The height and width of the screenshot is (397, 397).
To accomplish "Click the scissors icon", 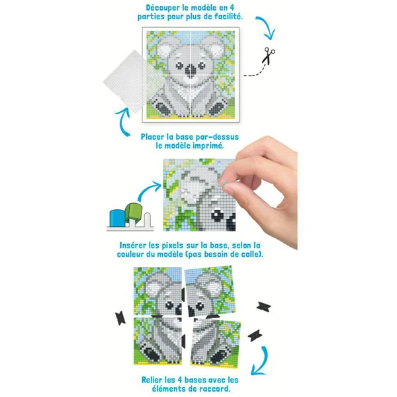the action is coord(268,56).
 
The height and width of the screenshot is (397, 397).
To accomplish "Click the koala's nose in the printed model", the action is coord(191,69).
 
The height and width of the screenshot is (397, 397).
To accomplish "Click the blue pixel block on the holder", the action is coord(117,218).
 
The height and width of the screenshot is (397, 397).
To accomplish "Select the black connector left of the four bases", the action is coord(120,318).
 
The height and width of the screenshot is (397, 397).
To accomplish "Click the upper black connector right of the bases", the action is coord(264,307).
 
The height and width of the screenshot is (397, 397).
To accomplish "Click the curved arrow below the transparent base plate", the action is coord(124,122).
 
